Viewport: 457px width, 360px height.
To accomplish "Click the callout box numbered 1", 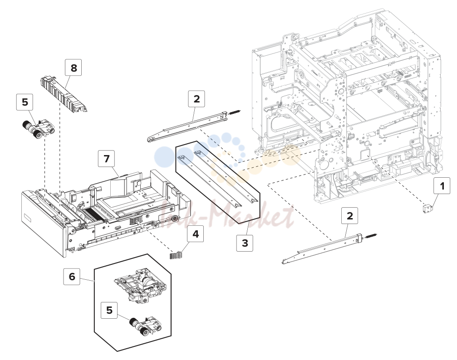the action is (x=442, y=185).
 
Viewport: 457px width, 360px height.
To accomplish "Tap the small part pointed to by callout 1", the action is (x=428, y=209).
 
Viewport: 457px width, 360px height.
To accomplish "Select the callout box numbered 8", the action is (x=74, y=67).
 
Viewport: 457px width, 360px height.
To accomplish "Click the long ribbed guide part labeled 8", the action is (x=64, y=93).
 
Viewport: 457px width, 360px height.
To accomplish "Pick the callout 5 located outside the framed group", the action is (x=25, y=102).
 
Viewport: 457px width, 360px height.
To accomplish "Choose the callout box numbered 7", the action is (x=106, y=158).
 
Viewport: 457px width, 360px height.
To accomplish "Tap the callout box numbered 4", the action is (x=196, y=234).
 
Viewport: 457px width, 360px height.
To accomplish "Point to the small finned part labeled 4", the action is (x=176, y=254).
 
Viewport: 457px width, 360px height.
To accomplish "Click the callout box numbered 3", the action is (x=245, y=243).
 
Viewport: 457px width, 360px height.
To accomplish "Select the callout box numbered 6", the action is (x=72, y=277).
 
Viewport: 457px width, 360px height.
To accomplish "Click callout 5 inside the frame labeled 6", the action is (x=109, y=310).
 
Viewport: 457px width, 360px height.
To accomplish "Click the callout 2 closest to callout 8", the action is (x=197, y=99).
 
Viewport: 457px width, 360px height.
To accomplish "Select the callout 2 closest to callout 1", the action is (x=349, y=216).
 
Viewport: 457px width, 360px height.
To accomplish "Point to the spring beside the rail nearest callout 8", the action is (x=235, y=112).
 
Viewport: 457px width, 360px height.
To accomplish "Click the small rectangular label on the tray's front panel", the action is (x=27, y=217).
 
